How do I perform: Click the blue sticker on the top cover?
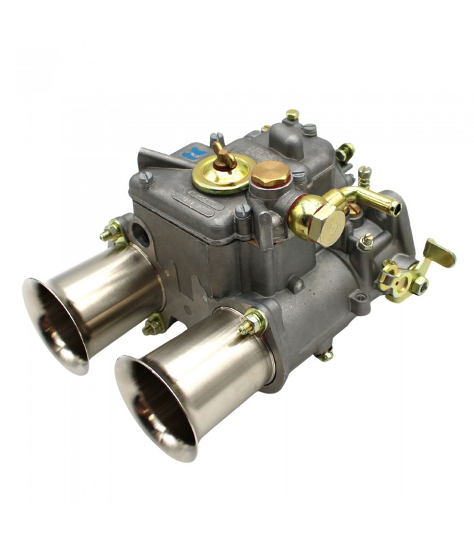193,154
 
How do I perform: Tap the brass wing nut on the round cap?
223,157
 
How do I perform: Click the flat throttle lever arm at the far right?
439,254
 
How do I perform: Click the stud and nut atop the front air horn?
253,323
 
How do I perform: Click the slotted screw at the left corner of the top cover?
146,178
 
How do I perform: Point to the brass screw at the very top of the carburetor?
292,116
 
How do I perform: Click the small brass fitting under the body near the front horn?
326,354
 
